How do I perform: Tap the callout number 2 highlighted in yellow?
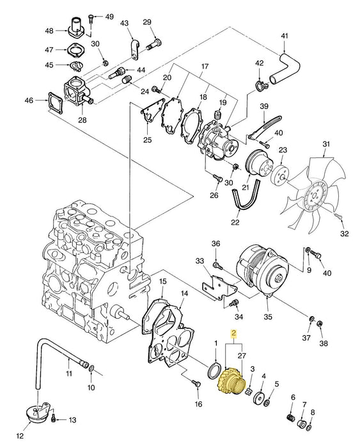pyautogui.click(x=234, y=333)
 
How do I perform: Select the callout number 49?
pyautogui.click(x=109, y=16)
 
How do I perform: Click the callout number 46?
pyautogui.click(x=28, y=100)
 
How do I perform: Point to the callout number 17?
pyautogui.click(x=205, y=66)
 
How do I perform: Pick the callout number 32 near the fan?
pyautogui.click(x=345, y=234)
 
